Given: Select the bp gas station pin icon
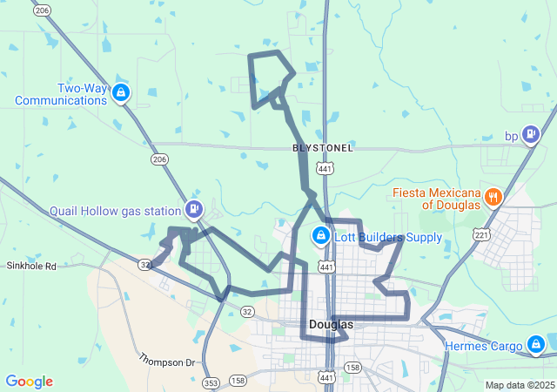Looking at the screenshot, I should click(x=531, y=135).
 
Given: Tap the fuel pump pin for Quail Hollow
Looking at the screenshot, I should click(x=193, y=208).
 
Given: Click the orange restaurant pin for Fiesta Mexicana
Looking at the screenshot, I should click(x=493, y=196).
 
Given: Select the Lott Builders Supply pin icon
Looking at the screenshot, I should click(x=320, y=235).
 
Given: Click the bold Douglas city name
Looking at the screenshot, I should click(x=331, y=325).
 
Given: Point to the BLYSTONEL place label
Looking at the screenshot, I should click(x=323, y=148).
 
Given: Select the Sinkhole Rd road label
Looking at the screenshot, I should click(x=31, y=266).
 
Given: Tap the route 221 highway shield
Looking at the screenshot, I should click(x=481, y=234).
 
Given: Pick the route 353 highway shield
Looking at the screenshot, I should click(x=211, y=382).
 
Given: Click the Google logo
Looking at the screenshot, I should click(x=29, y=382).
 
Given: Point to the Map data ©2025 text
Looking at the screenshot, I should click(x=519, y=385).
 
